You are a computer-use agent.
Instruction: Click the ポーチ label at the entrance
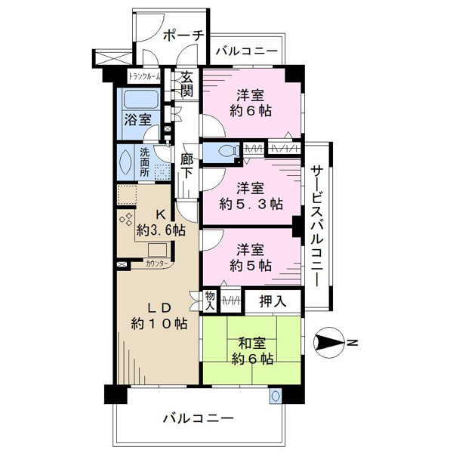click(183, 35)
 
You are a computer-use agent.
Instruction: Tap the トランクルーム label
click(144, 76)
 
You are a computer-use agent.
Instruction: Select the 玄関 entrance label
click(187, 84)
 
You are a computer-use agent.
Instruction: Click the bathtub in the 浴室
click(141, 100)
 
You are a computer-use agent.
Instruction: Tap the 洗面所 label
click(145, 162)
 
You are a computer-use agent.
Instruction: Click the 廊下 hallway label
click(186, 166)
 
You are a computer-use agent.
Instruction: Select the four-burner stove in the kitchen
click(126, 219)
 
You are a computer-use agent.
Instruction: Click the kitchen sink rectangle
click(158, 250)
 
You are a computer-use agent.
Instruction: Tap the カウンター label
click(157, 263)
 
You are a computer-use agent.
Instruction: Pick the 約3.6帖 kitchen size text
click(161, 230)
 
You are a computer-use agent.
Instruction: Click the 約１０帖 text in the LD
click(159, 324)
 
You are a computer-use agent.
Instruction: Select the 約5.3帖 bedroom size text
click(251, 205)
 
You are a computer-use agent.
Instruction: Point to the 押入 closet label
click(273, 301)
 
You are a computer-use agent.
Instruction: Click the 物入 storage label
click(210, 301)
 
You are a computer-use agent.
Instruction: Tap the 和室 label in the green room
click(252, 344)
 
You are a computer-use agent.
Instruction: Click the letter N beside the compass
click(352, 343)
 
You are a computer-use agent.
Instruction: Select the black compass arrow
click(329, 343)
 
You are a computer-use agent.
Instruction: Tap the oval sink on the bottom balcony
click(276, 395)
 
